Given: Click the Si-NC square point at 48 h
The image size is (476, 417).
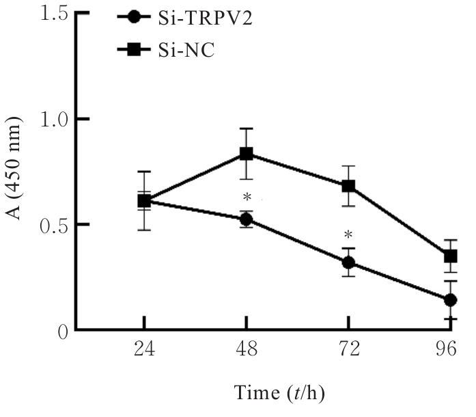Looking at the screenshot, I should click(x=246, y=154).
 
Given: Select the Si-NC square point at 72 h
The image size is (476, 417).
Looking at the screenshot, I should click(x=348, y=186).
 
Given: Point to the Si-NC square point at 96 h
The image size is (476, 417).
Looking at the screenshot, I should click(x=450, y=256).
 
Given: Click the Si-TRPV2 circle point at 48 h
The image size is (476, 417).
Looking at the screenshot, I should click(x=246, y=219).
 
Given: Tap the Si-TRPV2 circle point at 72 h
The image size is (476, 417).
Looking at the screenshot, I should click(x=348, y=263).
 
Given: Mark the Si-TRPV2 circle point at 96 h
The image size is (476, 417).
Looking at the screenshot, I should click(x=450, y=300).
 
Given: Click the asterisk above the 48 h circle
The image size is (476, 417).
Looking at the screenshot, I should click(x=246, y=199).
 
